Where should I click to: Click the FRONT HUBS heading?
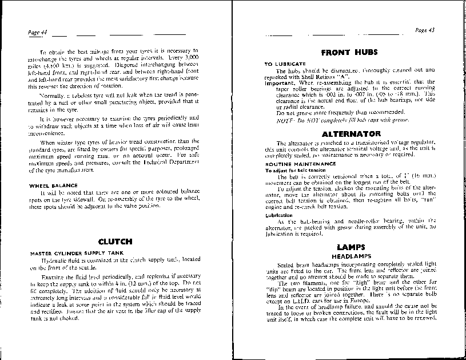coord(349,52)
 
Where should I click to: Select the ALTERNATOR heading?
coord(348,133)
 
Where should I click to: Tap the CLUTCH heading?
coord(115,242)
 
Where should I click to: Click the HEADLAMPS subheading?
coord(348,256)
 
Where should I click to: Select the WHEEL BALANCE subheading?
coord(50,185)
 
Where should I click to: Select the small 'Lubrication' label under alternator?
coord(277,215)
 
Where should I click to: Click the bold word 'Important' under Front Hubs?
coord(278,82)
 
